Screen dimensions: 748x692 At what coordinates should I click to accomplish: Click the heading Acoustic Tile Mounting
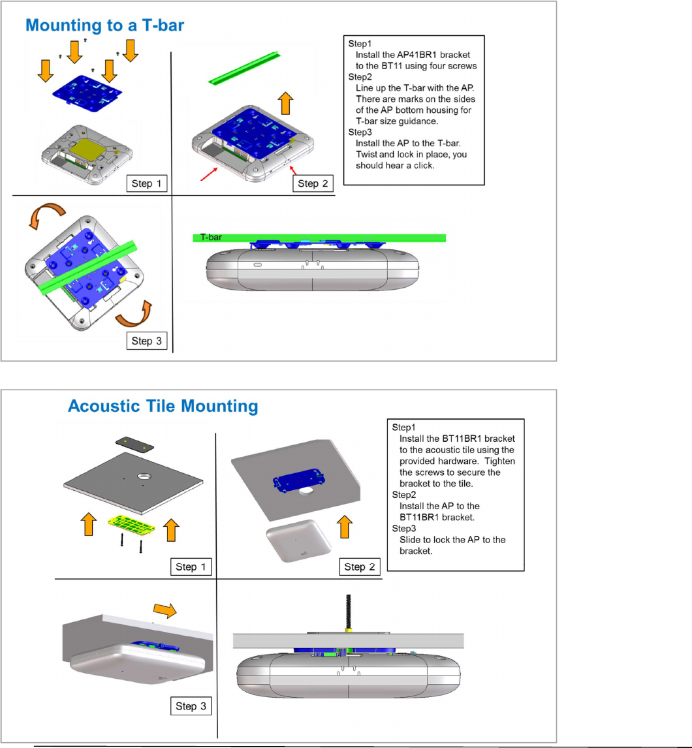(x=163, y=407)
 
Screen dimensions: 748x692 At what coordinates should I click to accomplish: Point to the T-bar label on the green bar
(x=210, y=238)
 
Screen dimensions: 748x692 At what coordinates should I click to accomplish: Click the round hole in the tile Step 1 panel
(x=145, y=479)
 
